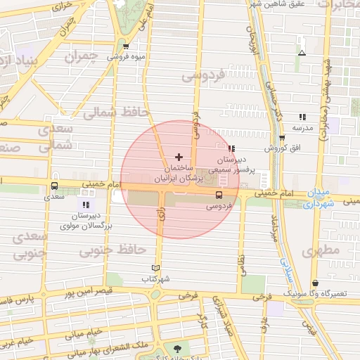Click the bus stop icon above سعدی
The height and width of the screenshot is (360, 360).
point(54,186)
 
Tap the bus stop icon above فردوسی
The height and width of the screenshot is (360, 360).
point(219,195)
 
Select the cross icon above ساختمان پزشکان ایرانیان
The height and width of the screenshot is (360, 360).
point(178,157)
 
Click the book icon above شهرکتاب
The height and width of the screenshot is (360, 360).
point(156,268)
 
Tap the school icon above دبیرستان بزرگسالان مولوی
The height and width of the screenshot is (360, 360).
point(86,204)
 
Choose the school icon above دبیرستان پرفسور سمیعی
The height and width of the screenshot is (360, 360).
point(231,148)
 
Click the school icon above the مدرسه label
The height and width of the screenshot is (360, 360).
point(302,117)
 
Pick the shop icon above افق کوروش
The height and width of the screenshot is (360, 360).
point(282,138)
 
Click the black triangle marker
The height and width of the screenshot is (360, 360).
point(302,53)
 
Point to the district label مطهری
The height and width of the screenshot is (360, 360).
point(321,250)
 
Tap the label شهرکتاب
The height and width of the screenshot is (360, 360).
point(156,278)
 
